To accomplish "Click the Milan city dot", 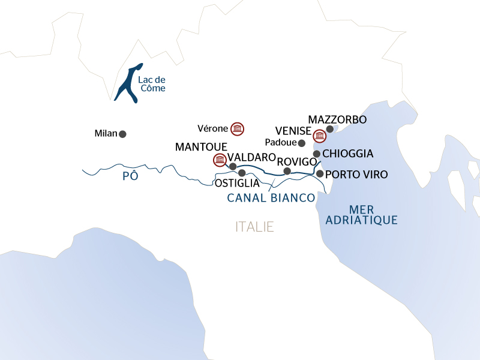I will coord(122,134).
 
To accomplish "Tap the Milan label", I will coord(106,133).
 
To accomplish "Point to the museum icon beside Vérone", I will coord(238,128).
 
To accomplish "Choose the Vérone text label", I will coord(212,128).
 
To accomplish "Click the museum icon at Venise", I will coord(320,136).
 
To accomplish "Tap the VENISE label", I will coord(293,131).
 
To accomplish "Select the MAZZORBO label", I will coord(337,120).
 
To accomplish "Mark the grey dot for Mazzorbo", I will coord(329,128).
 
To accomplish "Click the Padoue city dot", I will coord(302,143).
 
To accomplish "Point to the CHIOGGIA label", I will coord(348,154).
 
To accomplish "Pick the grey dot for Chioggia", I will coord(317,154).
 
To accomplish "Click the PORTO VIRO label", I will coord(356,175).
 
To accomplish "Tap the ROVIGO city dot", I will coord(287,171).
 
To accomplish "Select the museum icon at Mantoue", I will coord(220,160).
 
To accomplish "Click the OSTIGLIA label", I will coord(237,183).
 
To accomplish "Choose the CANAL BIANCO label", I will coord(271,197).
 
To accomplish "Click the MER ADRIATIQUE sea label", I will coord(361,214).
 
